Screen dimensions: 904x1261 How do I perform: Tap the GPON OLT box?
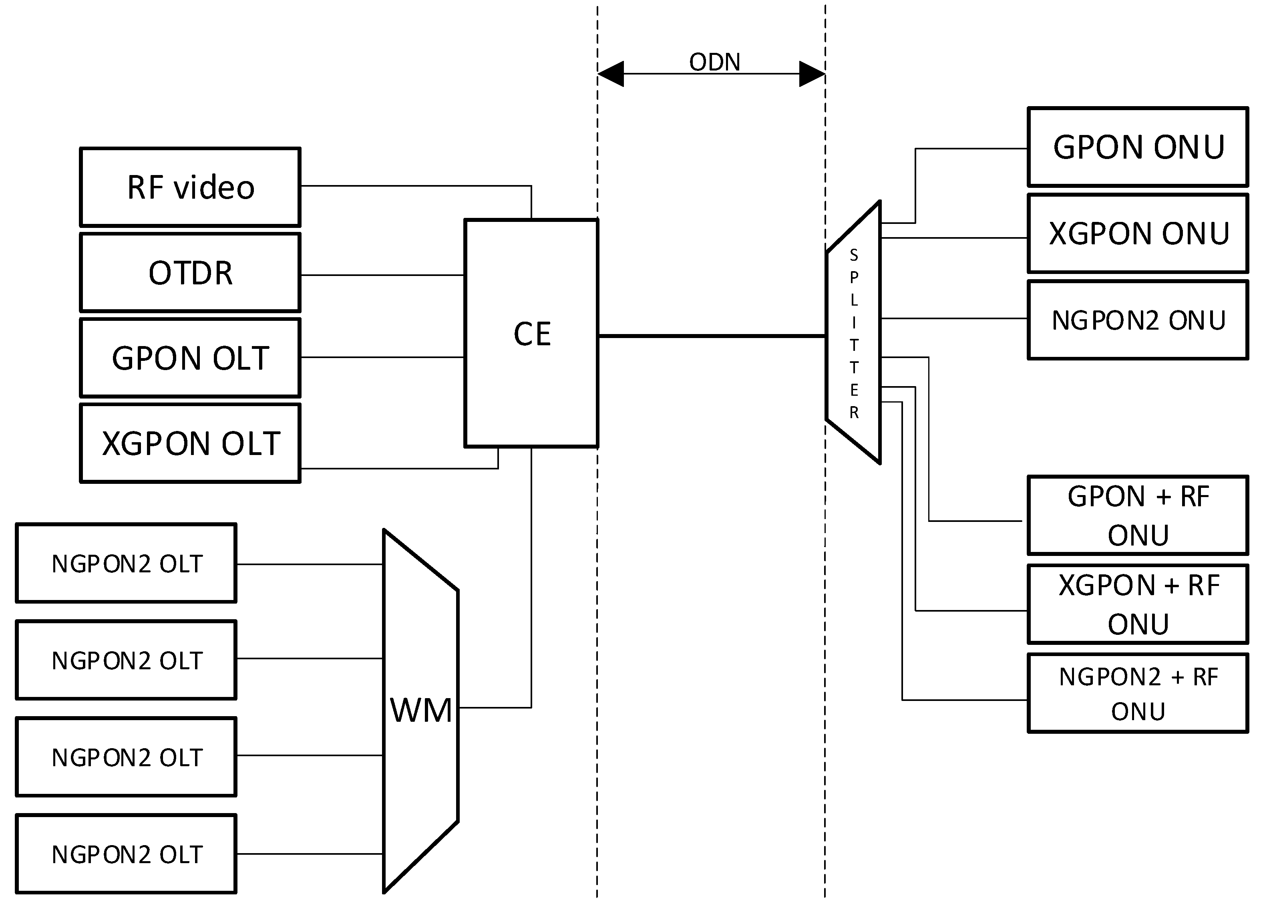coord(190,358)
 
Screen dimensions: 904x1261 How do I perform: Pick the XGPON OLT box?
coord(190,443)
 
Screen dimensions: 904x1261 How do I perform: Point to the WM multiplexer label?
coord(421,711)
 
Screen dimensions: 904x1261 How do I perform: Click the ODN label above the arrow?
coord(714,62)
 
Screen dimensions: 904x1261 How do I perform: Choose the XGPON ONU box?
coord(1138,234)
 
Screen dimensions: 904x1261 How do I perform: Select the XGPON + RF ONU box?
coord(1138,604)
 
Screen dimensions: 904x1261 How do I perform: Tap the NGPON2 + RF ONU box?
coord(1138,694)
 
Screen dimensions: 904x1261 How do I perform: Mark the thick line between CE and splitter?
coord(712,336)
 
